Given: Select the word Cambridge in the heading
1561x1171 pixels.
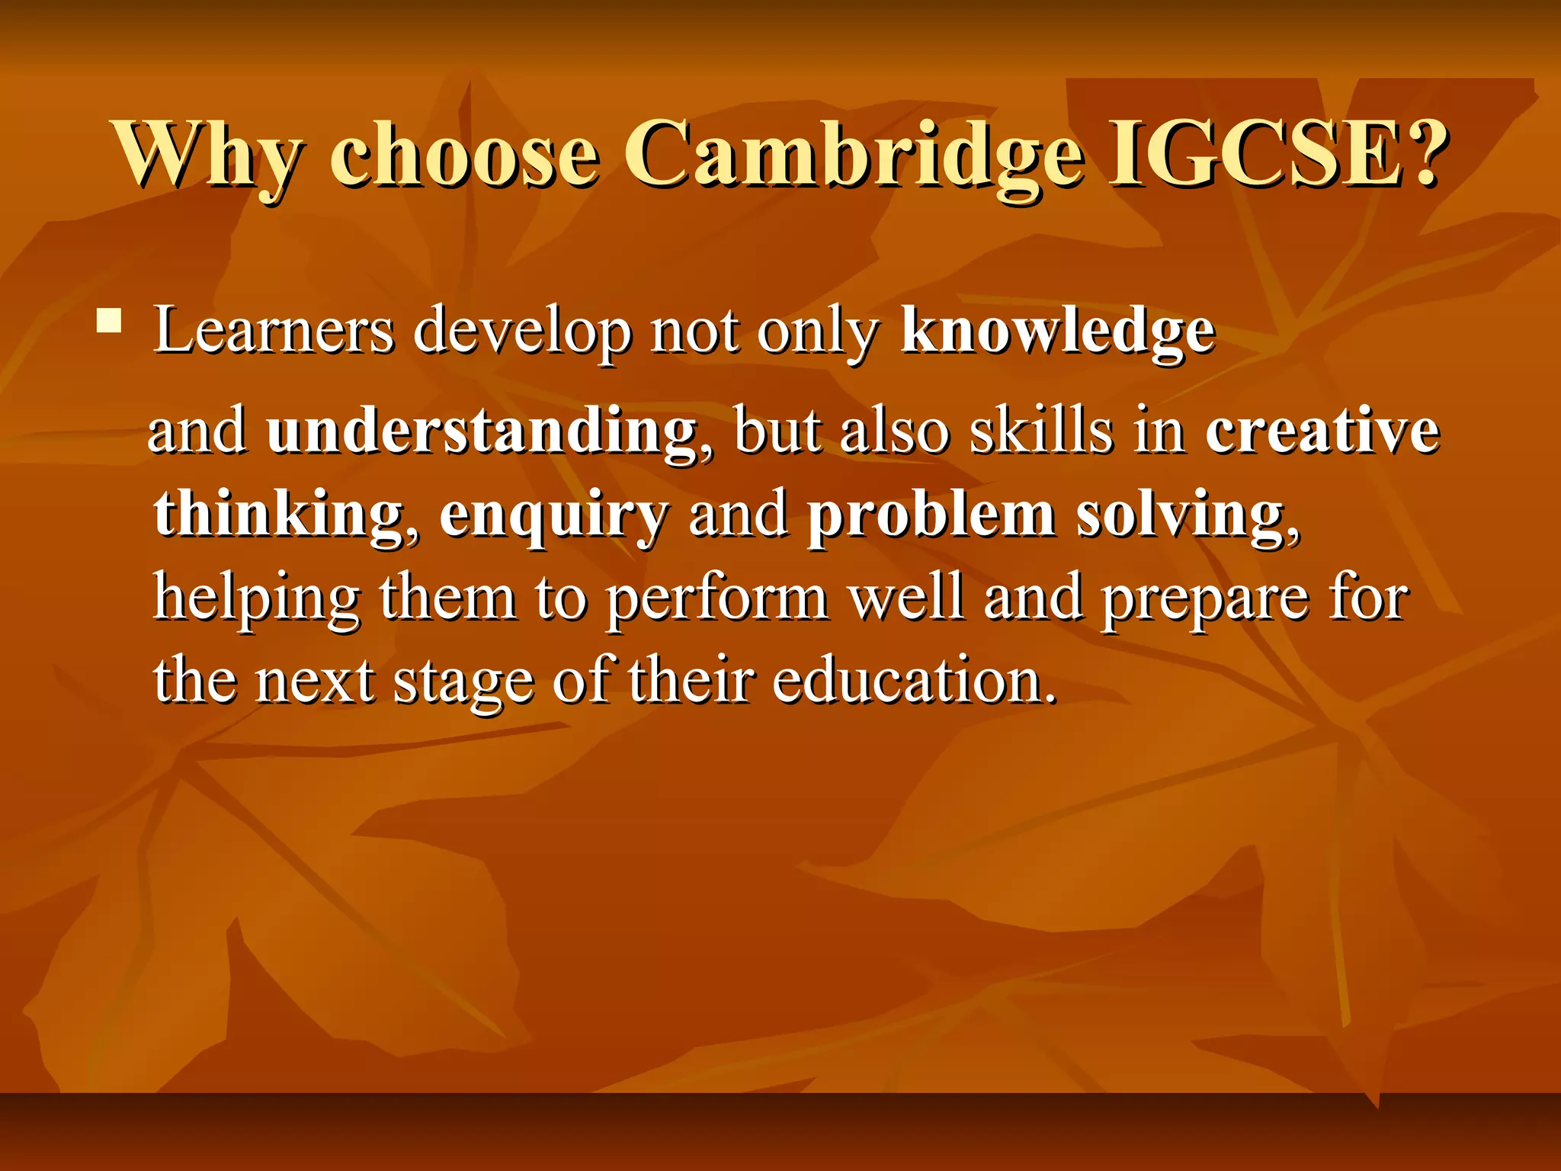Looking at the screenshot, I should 854,154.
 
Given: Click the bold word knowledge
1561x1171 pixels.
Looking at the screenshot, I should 1058,332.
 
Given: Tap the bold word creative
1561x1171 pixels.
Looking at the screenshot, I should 1322,431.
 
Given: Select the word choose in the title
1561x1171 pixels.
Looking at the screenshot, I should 464,154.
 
